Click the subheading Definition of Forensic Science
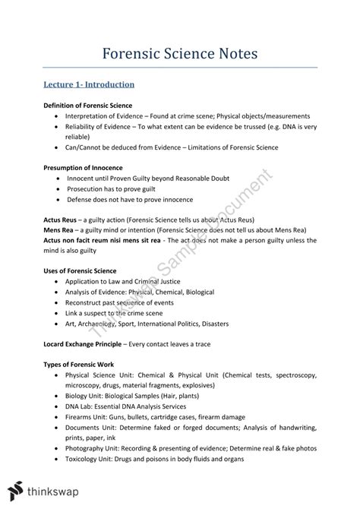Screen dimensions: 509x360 click(x=87, y=105)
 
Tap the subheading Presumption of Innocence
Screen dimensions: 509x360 click(x=83, y=167)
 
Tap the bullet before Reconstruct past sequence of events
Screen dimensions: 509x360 click(x=56, y=302)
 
